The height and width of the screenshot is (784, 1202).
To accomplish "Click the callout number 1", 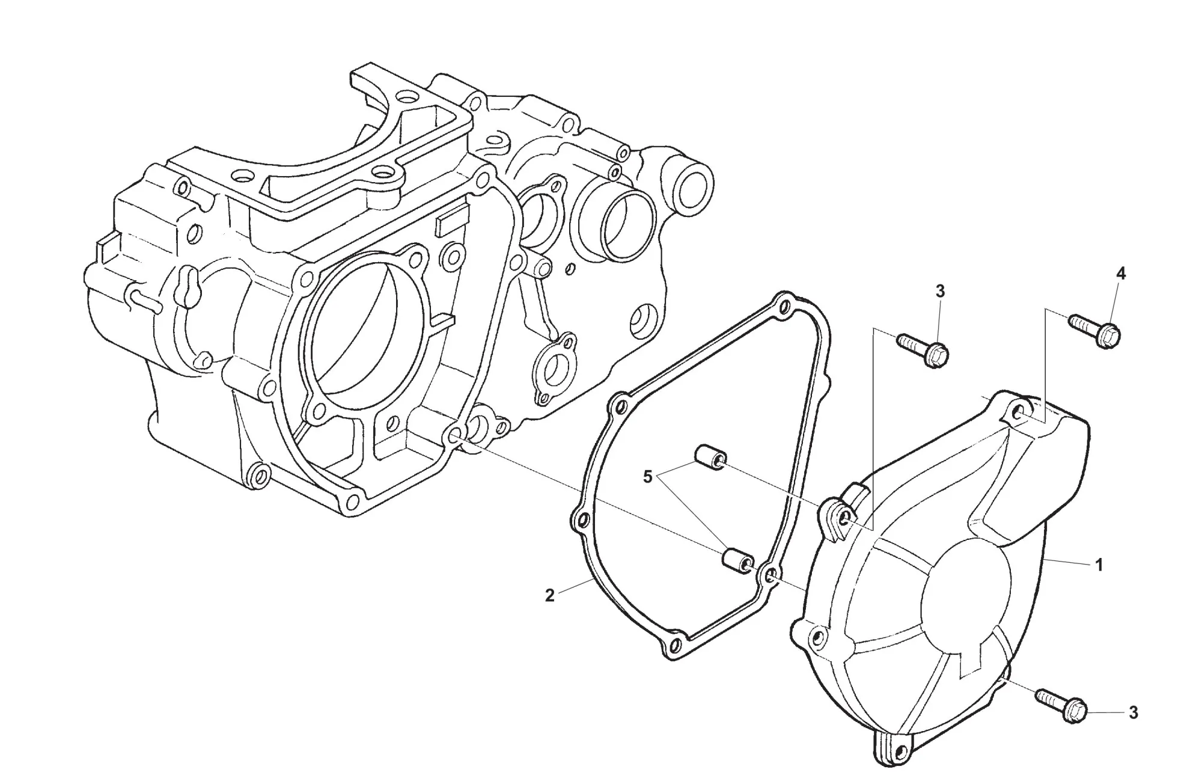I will [x=1099, y=565].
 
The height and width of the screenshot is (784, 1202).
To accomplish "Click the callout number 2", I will [x=549, y=596].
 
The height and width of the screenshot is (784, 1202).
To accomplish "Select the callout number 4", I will [x=1120, y=274].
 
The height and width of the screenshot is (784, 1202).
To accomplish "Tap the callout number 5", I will [x=647, y=477].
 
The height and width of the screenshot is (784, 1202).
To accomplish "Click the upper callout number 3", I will [x=940, y=291].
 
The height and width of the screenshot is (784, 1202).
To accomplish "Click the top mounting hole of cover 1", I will [x=1017, y=412].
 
